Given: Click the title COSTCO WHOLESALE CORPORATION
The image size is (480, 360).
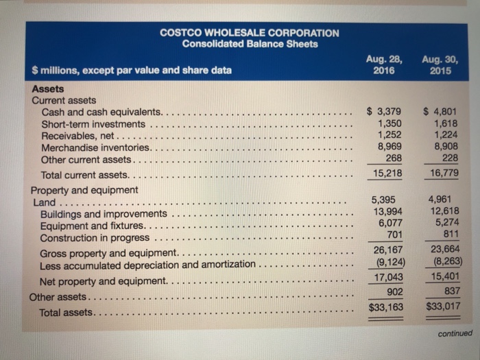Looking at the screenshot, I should coord(249,32).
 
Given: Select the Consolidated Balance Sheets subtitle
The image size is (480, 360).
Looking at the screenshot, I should coord(250,44).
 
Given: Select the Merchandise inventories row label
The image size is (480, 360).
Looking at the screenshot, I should coord(95,147).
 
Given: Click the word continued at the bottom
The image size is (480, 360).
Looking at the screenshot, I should coord(453,334).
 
